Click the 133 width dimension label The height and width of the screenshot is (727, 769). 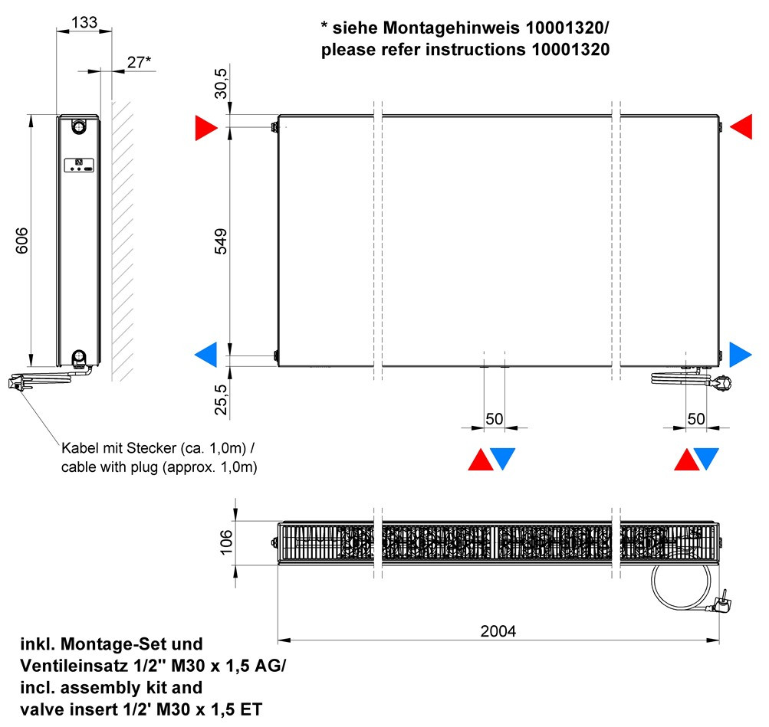click(x=84, y=22)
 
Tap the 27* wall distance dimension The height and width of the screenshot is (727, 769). click(x=139, y=62)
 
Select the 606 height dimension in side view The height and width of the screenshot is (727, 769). click(x=22, y=240)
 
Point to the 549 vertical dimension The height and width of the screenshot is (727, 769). click(x=221, y=241)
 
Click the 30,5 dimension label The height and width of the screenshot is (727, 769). click(x=221, y=84)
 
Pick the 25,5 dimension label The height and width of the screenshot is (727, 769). click(x=221, y=399)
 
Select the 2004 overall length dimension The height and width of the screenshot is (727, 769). click(x=498, y=631)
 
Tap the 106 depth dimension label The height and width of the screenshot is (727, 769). click(x=226, y=542)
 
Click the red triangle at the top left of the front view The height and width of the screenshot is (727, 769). click(x=206, y=128)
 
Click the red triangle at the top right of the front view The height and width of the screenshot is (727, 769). click(x=741, y=127)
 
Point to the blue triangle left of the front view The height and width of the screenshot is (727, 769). click(x=206, y=354)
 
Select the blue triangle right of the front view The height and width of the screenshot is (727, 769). click(x=741, y=354)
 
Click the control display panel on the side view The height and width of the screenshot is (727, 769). click(x=79, y=165)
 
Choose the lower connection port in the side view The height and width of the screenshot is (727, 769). click(x=78, y=357)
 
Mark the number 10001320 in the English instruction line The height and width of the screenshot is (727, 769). click(x=571, y=50)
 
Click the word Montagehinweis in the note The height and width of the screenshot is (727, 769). click(x=452, y=28)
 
